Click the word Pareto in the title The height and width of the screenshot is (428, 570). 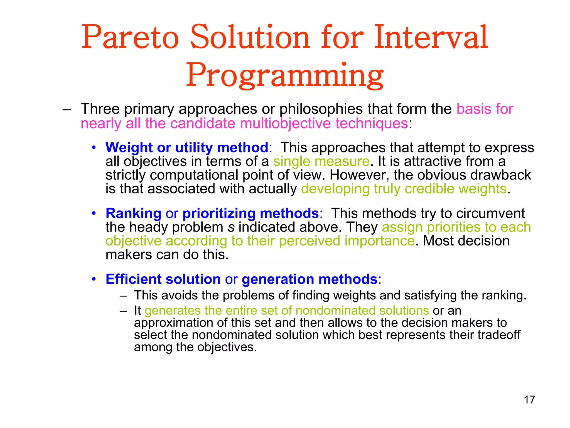tap(130, 37)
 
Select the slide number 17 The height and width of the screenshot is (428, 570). tap(529, 400)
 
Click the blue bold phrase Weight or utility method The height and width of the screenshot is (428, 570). tap(187, 147)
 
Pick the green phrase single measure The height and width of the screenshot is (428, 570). tap(321, 161)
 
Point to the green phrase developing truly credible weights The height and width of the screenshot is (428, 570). tap(404, 189)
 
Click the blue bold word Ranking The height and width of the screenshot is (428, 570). tap(133, 213)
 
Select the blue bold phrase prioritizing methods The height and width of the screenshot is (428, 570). tap(250, 213)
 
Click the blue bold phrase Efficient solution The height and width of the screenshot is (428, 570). tap(163, 279)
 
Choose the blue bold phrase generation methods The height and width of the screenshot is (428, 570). tap(309, 279)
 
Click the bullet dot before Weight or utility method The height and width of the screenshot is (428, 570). tap(94, 148)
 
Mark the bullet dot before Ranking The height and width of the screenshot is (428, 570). tap(94, 214)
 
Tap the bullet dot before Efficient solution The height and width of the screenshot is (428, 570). tap(94, 279)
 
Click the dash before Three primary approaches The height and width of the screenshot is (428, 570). tap(67, 109)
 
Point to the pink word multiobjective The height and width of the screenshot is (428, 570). tap(285, 123)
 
